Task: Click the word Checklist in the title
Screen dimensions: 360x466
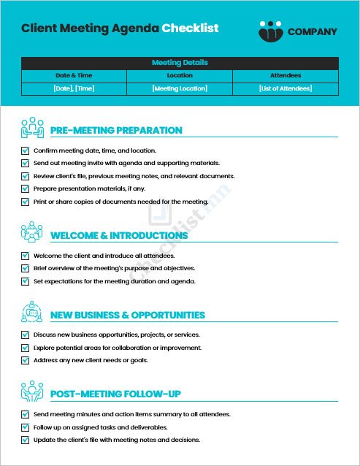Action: (x=189, y=28)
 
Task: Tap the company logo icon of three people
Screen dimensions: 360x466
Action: (x=270, y=30)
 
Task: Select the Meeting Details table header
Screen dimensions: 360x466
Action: (x=180, y=63)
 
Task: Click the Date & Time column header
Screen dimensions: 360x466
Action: (x=74, y=75)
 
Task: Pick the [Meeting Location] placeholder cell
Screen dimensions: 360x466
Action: (x=180, y=88)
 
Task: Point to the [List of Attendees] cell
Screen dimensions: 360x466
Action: (x=286, y=88)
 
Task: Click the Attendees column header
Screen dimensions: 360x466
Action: (x=286, y=75)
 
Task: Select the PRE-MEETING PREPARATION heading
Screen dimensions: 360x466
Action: (x=116, y=131)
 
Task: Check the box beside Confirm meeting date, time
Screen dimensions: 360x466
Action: (x=26, y=150)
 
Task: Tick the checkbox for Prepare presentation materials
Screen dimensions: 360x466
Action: (x=26, y=188)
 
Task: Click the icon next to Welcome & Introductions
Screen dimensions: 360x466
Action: (x=31, y=232)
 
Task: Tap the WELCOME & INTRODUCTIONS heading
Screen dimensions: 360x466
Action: (x=119, y=236)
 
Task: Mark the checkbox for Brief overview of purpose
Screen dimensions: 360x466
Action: (x=26, y=268)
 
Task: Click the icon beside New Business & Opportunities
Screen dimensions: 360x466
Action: (x=31, y=311)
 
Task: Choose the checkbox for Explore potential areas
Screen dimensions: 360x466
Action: (x=26, y=348)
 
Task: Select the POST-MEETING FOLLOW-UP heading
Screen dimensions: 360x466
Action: (x=115, y=394)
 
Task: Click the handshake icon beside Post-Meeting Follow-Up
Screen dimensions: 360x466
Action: (x=31, y=391)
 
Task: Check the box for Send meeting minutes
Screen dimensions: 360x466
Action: (x=26, y=414)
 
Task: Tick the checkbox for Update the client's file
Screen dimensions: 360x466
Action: (x=26, y=440)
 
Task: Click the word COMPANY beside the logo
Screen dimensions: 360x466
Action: (x=313, y=31)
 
